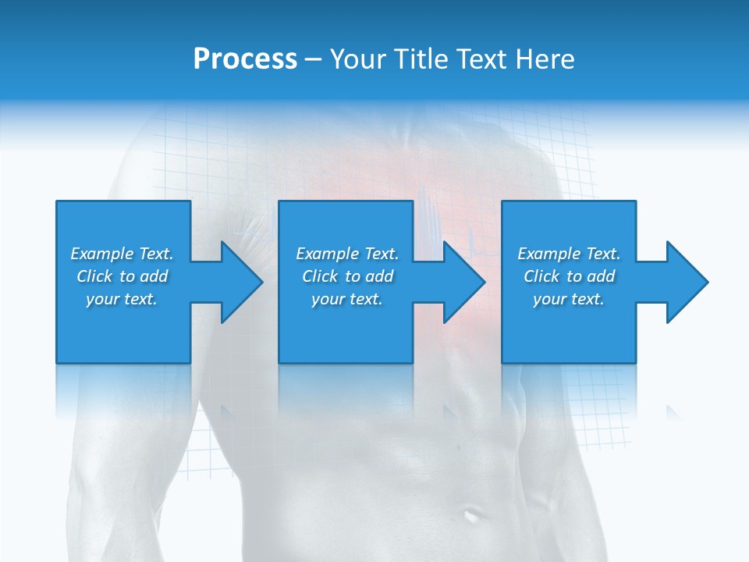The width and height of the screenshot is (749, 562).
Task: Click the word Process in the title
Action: [x=245, y=59]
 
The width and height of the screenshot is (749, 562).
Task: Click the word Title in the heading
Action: [x=420, y=59]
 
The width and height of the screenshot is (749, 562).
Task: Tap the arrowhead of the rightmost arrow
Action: [x=686, y=282]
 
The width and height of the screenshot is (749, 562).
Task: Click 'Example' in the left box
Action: [x=102, y=254]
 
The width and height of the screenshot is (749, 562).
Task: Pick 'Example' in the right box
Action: [x=549, y=254]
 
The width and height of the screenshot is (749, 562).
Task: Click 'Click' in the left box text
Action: [x=94, y=276]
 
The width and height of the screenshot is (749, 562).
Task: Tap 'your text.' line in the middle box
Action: [x=347, y=299]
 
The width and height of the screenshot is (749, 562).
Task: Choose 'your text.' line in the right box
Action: [x=569, y=299]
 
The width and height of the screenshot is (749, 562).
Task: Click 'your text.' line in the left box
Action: [x=122, y=299]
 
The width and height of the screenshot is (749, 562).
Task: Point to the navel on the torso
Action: [x=470, y=514]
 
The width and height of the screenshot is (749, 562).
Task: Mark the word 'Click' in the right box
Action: [x=541, y=276]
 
